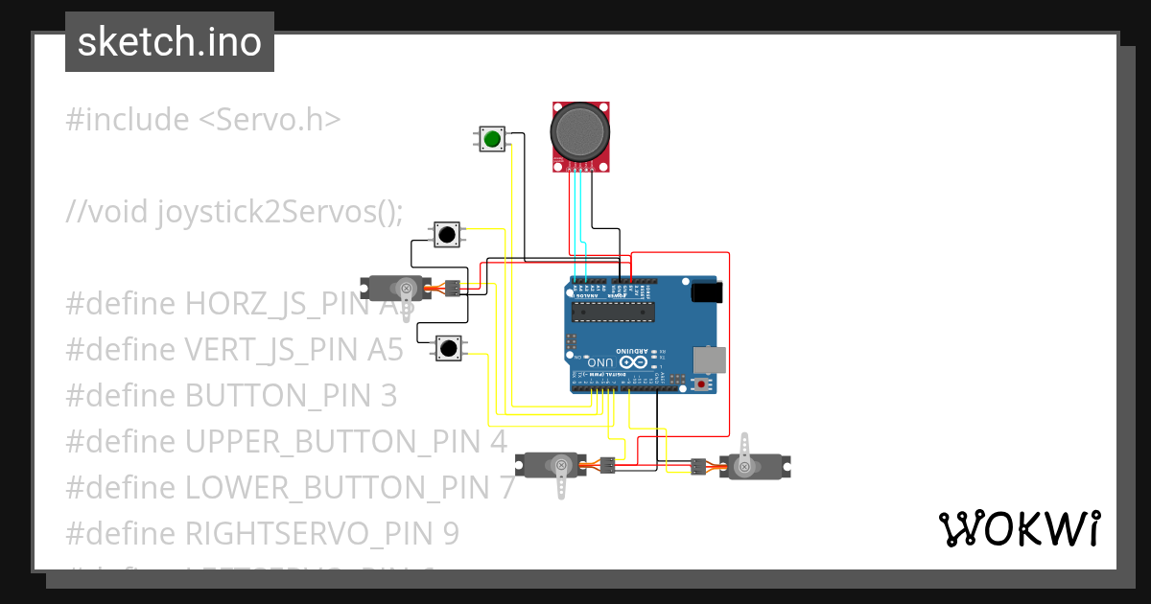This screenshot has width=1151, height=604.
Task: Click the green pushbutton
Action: pyautogui.click(x=492, y=139)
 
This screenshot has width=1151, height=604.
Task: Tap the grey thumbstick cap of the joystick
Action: pyautogui.click(x=580, y=133)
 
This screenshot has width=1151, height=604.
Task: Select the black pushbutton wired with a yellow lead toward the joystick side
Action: pyautogui.click(x=446, y=234)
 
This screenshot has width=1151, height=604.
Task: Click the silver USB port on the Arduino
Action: pyautogui.click(x=710, y=360)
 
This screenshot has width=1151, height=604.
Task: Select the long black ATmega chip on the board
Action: pyautogui.click(x=613, y=310)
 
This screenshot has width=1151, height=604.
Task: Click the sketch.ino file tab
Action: pyautogui.click(x=170, y=42)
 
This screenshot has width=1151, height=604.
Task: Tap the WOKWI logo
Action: pyautogui.click(x=1019, y=528)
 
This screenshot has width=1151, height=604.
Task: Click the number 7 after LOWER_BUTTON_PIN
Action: pyautogui.click(x=506, y=488)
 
